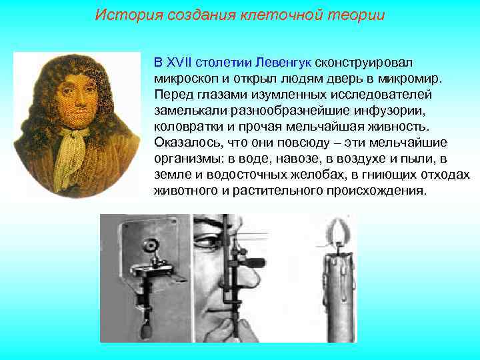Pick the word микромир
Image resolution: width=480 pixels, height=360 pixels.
coord(411,79)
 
